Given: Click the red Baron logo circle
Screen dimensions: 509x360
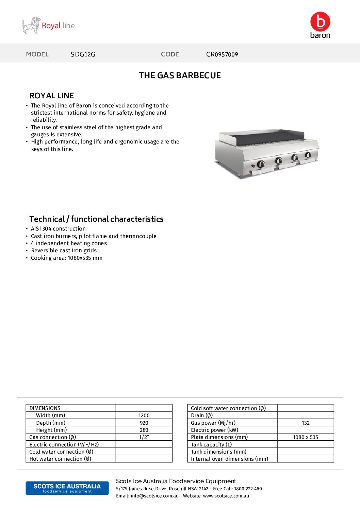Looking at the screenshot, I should pyautogui.click(x=320, y=21).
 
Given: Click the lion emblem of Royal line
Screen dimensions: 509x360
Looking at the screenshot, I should pyautogui.click(x=31, y=26).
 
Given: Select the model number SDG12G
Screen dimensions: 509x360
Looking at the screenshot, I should pyautogui.click(x=83, y=54).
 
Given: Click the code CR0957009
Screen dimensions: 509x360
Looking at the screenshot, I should pyautogui.click(x=222, y=54).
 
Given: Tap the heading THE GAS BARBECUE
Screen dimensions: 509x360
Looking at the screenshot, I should pyautogui.click(x=180, y=75).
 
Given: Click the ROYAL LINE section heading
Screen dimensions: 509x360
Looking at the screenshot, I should pyautogui.click(x=52, y=96).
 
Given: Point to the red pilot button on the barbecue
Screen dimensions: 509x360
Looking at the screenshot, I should pyautogui.click(x=253, y=166).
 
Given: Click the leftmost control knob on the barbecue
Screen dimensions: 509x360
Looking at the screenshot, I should pyautogui.click(x=261, y=164).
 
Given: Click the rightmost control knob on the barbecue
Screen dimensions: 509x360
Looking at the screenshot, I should pyautogui.click(x=308, y=155).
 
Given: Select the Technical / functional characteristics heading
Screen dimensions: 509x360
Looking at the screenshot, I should pyautogui.click(x=96, y=219).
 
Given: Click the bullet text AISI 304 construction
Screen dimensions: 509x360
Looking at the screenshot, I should pyautogui.click(x=58, y=229).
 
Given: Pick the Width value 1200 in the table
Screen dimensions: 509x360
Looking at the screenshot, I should pyautogui.click(x=144, y=415).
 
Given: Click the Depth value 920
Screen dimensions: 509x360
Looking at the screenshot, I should pyautogui.click(x=144, y=423).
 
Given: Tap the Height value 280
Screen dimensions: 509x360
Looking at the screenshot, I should pyautogui.click(x=144, y=430).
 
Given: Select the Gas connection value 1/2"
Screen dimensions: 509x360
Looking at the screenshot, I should pyautogui.click(x=144, y=437).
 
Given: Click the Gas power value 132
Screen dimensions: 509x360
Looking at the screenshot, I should pyautogui.click(x=306, y=423).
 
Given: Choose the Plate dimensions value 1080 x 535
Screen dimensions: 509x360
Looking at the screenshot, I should pyautogui.click(x=305, y=437).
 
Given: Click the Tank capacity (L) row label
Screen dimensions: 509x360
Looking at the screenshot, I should pyautogui.click(x=211, y=445).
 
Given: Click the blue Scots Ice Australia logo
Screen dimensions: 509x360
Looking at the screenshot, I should pyautogui.click(x=67, y=488).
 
